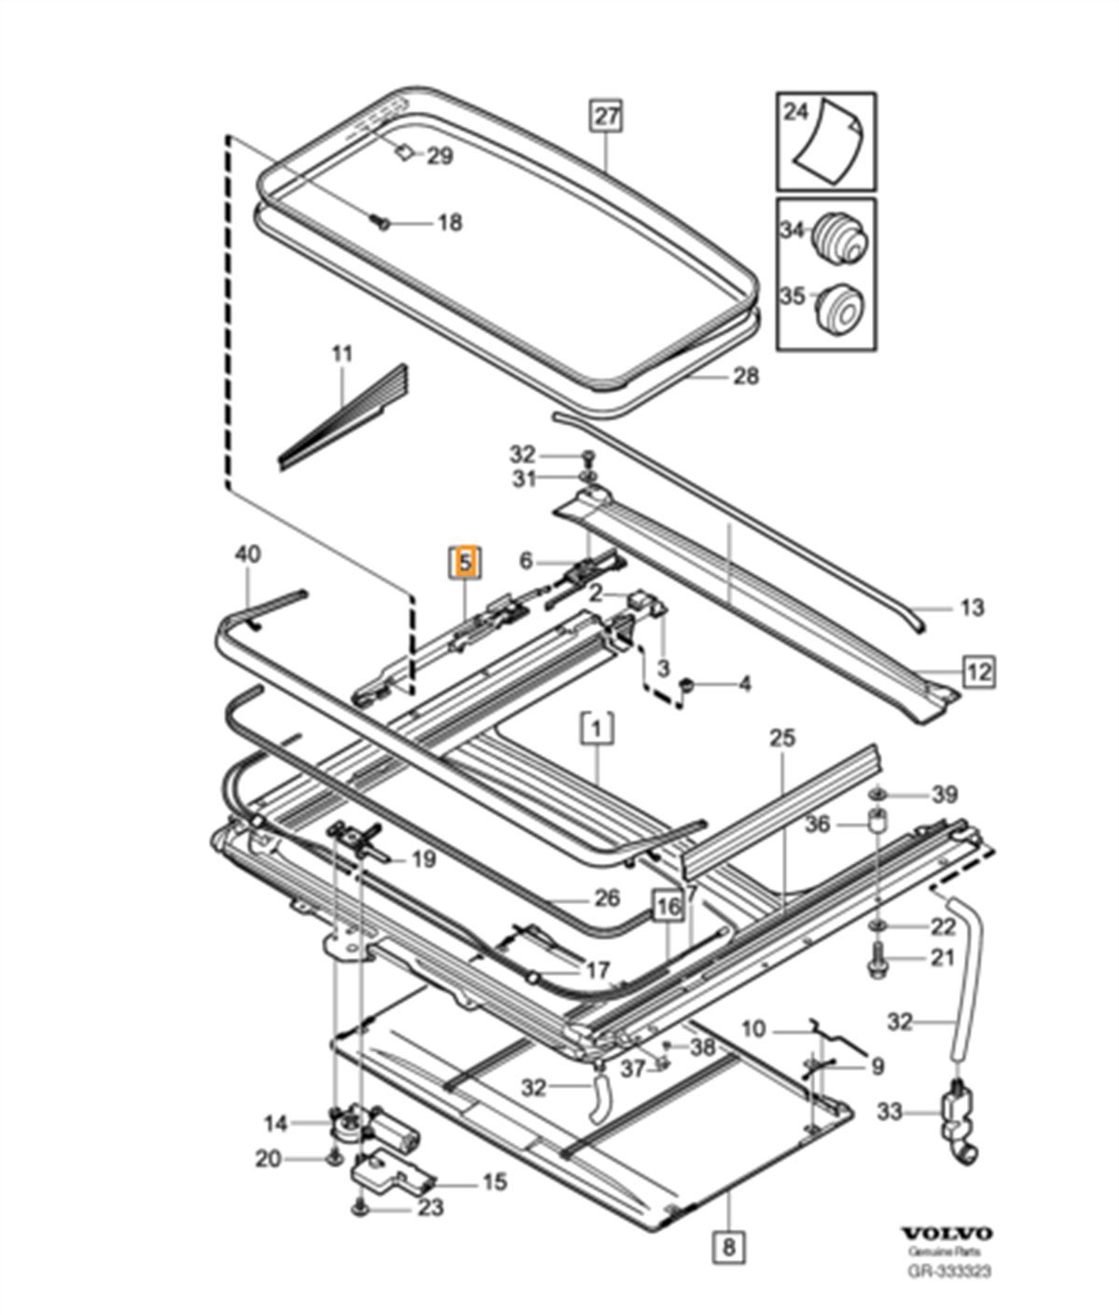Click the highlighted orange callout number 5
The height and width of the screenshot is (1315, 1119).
tap(465, 563)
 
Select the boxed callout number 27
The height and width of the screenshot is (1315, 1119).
tap(606, 116)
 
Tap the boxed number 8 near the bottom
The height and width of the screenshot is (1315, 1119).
tap(729, 1244)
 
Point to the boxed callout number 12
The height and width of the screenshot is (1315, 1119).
tap(979, 670)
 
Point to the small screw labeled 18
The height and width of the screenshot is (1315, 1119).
tap(380, 222)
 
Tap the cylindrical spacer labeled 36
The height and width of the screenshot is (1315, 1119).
tap(877, 825)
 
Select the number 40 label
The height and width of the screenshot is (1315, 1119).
tap(248, 555)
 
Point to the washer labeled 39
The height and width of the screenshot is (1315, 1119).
tap(878, 794)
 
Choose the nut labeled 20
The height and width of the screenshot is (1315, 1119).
tap(333, 1158)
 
